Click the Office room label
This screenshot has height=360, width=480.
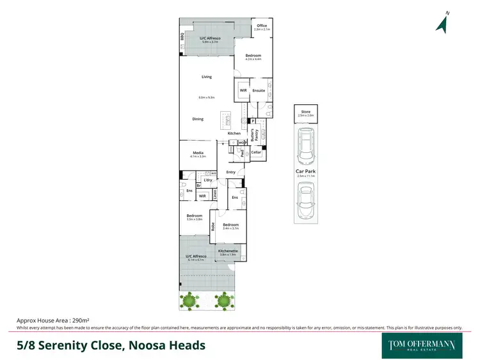click(x=262, y=26)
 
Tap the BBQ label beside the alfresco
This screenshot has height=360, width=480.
click(x=182, y=37)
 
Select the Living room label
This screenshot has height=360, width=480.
click(x=206, y=77)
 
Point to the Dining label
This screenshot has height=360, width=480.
click(x=198, y=119)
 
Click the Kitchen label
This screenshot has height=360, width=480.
click(x=234, y=133)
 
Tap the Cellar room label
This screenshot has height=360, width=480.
click(x=256, y=152)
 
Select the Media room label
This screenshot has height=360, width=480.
click(x=198, y=153)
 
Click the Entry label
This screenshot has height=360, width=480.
click(x=231, y=172)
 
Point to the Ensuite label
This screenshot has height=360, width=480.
click(x=259, y=91)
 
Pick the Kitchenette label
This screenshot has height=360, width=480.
click(x=228, y=251)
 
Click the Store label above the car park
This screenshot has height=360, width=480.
click(x=305, y=112)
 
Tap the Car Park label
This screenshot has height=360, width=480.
click(x=305, y=171)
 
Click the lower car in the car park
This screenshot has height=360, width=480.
click(x=305, y=200)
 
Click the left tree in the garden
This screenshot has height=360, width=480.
click(x=189, y=299)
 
